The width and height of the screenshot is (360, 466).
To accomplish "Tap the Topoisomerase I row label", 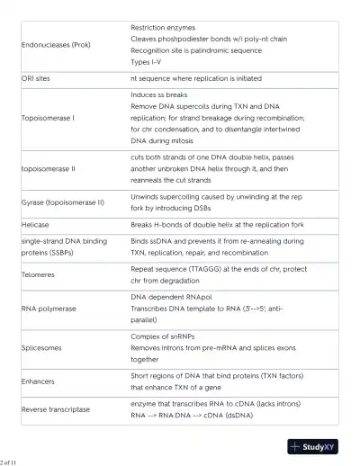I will [48, 118].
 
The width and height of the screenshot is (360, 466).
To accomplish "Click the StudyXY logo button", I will [312, 446].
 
